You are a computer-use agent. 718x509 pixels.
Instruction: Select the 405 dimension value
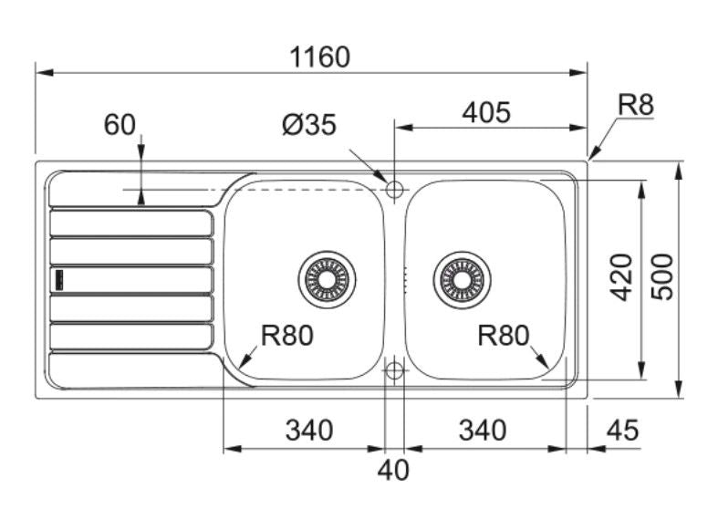(486, 112)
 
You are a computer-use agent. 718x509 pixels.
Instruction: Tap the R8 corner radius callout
(636, 106)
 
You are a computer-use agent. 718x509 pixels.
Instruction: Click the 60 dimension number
(120, 125)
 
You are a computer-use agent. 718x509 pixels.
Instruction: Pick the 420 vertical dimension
(621, 278)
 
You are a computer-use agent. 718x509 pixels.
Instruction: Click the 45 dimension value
(623, 430)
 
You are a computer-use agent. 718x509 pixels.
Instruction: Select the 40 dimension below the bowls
(394, 471)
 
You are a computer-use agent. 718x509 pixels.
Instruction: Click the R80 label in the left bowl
(286, 336)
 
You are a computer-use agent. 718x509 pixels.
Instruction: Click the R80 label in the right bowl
(503, 336)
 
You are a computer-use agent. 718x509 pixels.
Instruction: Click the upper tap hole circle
(394, 189)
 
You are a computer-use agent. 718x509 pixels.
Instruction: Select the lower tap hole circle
(394, 369)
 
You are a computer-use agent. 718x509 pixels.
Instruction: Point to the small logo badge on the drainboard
(58, 279)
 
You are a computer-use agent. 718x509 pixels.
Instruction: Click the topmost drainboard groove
(131, 223)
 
